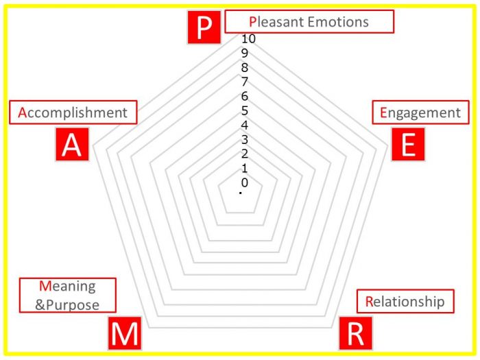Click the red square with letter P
(x=204, y=27)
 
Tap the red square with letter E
(x=408, y=144)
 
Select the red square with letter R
(x=356, y=333)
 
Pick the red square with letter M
(x=125, y=333)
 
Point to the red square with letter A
(x=72, y=144)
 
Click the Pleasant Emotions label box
(x=309, y=21)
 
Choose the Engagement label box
(x=420, y=112)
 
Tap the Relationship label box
(x=405, y=301)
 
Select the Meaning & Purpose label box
(x=68, y=296)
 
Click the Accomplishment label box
(x=73, y=112)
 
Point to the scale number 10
(x=248, y=39)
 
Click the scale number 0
(x=244, y=182)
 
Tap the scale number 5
(x=244, y=110)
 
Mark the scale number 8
(x=244, y=67)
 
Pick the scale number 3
(x=244, y=139)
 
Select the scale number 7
(x=244, y=82)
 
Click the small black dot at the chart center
(x=241, y=193)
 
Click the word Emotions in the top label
(x=338, y=22)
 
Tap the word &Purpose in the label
(x=67, y=305)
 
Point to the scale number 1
(x=244, y=168)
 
